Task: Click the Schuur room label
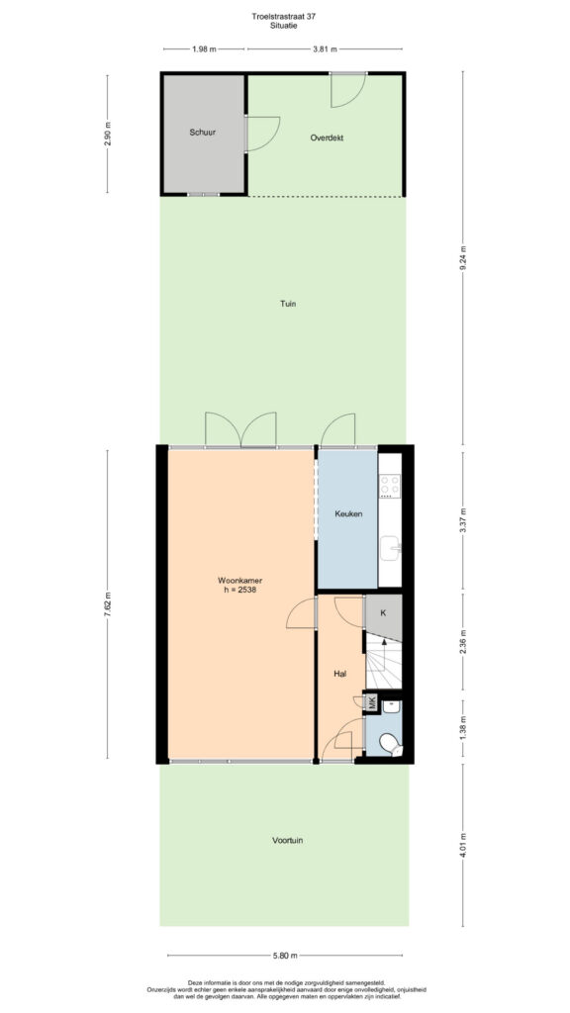(x=202, y=133)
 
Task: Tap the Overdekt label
(x=327, y=138)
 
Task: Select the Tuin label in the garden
(x=288, y=303)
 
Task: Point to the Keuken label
(x=347, y=514)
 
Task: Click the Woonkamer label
(x=239, y=580)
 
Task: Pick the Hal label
(x=340, y=674)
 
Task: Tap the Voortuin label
(x=288, y=841)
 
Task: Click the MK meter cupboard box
(x=372, y=703)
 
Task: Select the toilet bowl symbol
(x=390, y=744)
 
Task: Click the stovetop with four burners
(x=390, y=485)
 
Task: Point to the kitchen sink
(x=390, y=548)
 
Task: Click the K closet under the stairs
(x=384, y=613)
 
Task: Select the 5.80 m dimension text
(x=285, y=956)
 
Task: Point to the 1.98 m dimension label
(x=204, y=48)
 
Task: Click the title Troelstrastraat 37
(x=284, y=16)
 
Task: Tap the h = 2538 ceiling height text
(x=239, y=590)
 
